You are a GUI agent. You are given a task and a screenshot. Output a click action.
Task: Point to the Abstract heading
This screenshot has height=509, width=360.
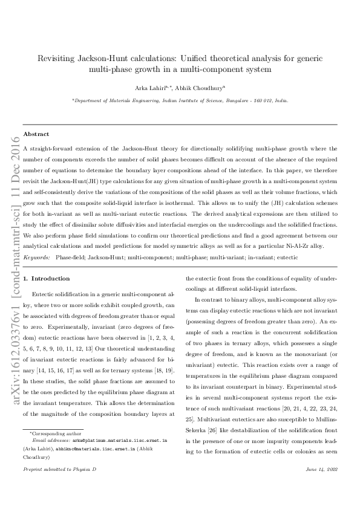click(x=36, y=134)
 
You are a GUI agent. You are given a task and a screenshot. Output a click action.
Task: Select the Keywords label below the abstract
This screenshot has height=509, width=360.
click(x=36, y=258)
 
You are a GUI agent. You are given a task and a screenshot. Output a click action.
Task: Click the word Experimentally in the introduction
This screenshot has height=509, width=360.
click(x=62, y=323)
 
